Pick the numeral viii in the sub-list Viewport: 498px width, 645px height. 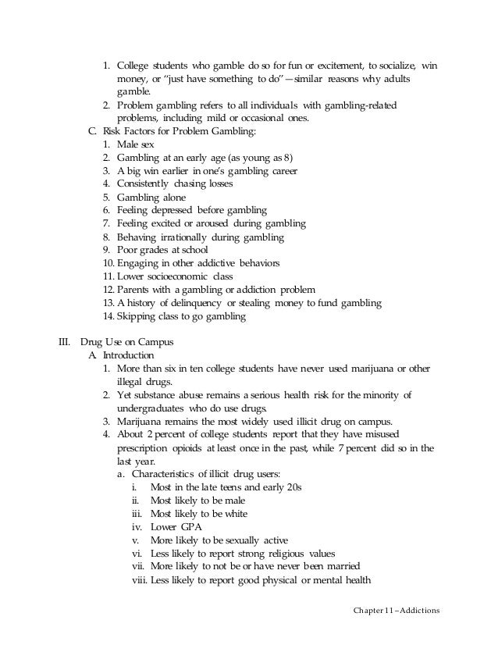point(138,580)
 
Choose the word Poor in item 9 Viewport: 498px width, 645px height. point(127,249)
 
